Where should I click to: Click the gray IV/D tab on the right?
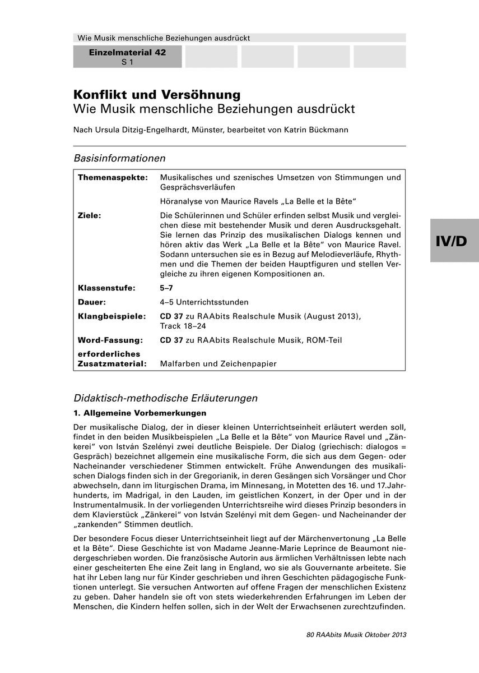coord(454,241)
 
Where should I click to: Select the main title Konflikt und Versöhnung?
coord(157,94)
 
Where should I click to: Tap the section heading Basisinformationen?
coord(119,158)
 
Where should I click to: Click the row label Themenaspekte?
coord(113,178)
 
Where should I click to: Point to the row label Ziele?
coord(90,215)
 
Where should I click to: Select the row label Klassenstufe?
coord(106,288)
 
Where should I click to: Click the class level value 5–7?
coord(166,288)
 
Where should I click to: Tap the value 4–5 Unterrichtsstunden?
coord(204,302)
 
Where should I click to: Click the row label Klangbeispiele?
coord(112,316)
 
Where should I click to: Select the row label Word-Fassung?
coord(110,340)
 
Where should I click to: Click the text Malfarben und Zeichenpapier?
coord(218,363)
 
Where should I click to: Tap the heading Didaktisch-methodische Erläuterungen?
coord(165,398)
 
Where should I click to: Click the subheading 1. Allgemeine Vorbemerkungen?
coord(140,413)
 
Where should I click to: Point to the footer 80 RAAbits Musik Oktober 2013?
coord(356,634)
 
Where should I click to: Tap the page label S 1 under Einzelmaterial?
coord(127,62)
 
